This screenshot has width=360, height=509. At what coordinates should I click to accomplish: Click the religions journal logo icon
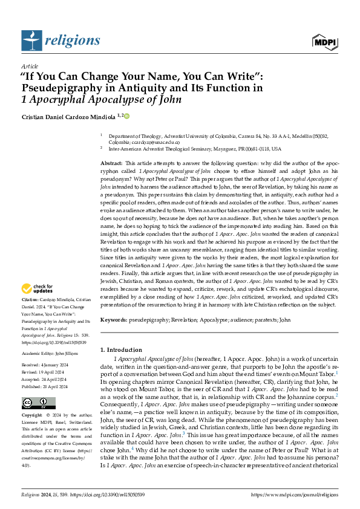tap(30, 40)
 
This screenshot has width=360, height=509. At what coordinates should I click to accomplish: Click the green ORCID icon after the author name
tap(127, 115)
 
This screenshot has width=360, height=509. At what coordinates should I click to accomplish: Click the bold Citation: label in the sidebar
tap(30, 299)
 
